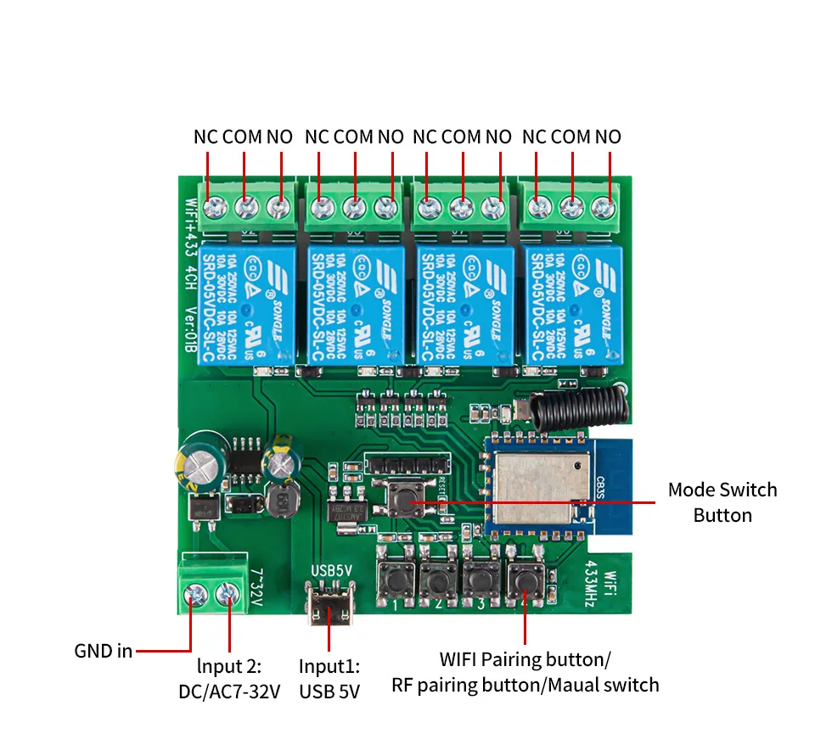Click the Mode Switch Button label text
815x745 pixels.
point(722,502)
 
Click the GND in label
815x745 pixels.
point(103,651)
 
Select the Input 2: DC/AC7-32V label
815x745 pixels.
point(228,678)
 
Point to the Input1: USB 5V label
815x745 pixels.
point(329,678)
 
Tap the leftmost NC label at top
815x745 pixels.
point(206,137)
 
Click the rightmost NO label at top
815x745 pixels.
point(608,137)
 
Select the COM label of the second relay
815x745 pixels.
point(353,137)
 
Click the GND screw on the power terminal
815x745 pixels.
point(194,596)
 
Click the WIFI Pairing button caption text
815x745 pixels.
point(525,659)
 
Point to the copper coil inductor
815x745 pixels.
point(278,501)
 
